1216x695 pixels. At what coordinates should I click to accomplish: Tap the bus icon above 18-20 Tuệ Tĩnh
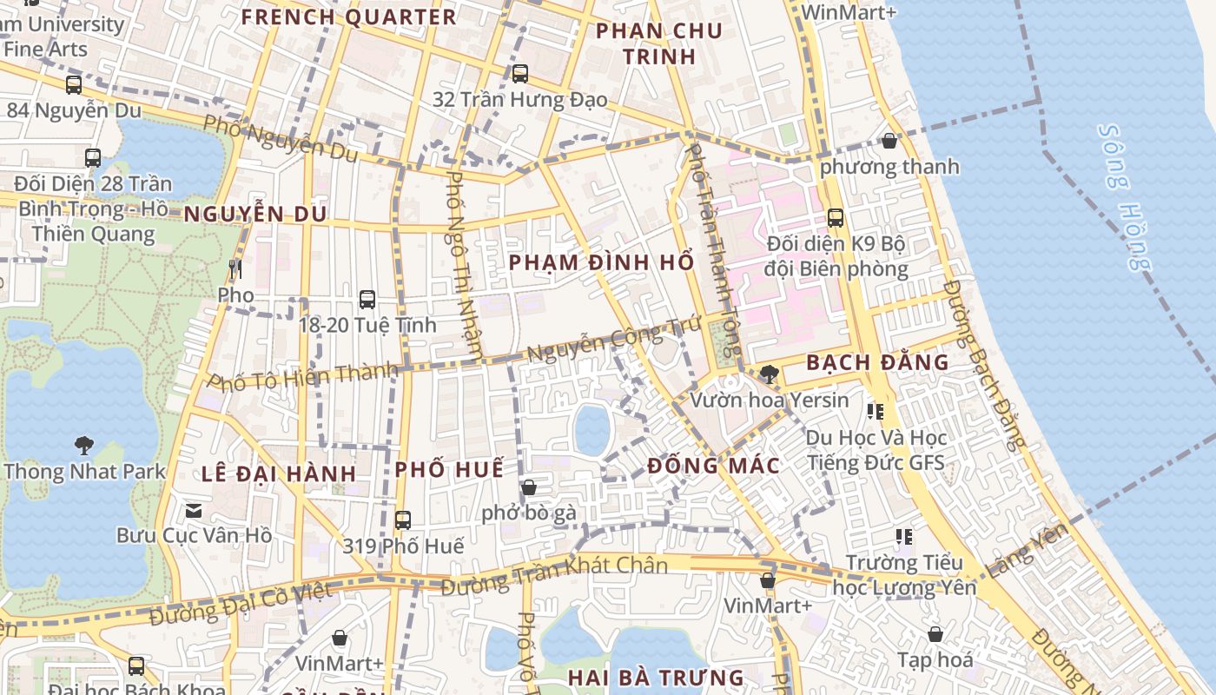[x=367, y=300]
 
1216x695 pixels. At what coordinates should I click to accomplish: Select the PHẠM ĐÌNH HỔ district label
[x=601, y=262]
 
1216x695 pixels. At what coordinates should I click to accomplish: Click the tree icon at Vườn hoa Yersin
[x=769, y=374]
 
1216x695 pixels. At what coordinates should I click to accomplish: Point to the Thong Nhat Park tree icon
[x=84, y=446]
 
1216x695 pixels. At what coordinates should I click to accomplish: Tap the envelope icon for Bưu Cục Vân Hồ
[x=194, y=510]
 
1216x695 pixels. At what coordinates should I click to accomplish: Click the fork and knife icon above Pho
[x=235, y=268]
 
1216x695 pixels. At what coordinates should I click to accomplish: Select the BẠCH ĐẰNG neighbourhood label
[x=877, y=363]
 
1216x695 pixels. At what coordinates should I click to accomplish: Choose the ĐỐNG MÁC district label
[x=713, y=467]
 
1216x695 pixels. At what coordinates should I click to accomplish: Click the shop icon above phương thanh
[x=889, y=141]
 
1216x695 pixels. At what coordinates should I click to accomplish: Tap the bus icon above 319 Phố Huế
[x=402, y=520]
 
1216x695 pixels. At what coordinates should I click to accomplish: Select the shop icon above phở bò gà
[x=528, y=487]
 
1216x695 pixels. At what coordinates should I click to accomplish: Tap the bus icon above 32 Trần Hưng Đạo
[x=519, y=74]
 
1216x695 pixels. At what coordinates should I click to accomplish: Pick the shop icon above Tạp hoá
[x=935, y=635]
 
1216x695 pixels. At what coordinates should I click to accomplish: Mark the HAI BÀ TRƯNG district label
[x=656, y=678]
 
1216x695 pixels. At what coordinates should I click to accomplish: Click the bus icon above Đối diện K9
[x=835, y=218]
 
